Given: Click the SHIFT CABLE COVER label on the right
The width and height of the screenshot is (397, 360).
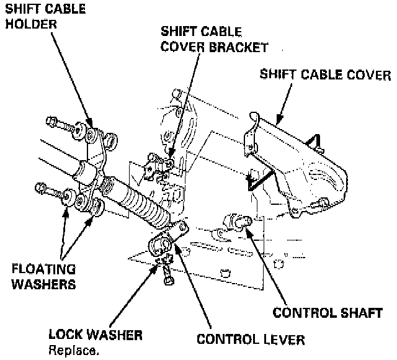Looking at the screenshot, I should coord(326,76).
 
